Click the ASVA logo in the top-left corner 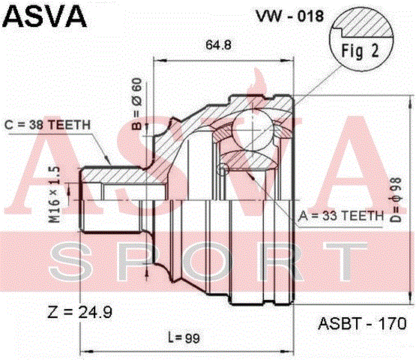coord(44,16)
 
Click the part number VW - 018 coord(289,16)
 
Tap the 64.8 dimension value coord(218,45)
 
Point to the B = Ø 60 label coord(137,103)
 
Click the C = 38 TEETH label coord(47,124)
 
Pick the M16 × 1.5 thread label coord(55,194)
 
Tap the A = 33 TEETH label coord(341,216)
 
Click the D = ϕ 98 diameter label coord(396,199)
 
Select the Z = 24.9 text coord(80,312)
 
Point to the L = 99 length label coord(184,338)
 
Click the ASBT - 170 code coord(362,323)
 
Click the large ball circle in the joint coord(253,130)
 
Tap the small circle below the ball coord(223,169)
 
